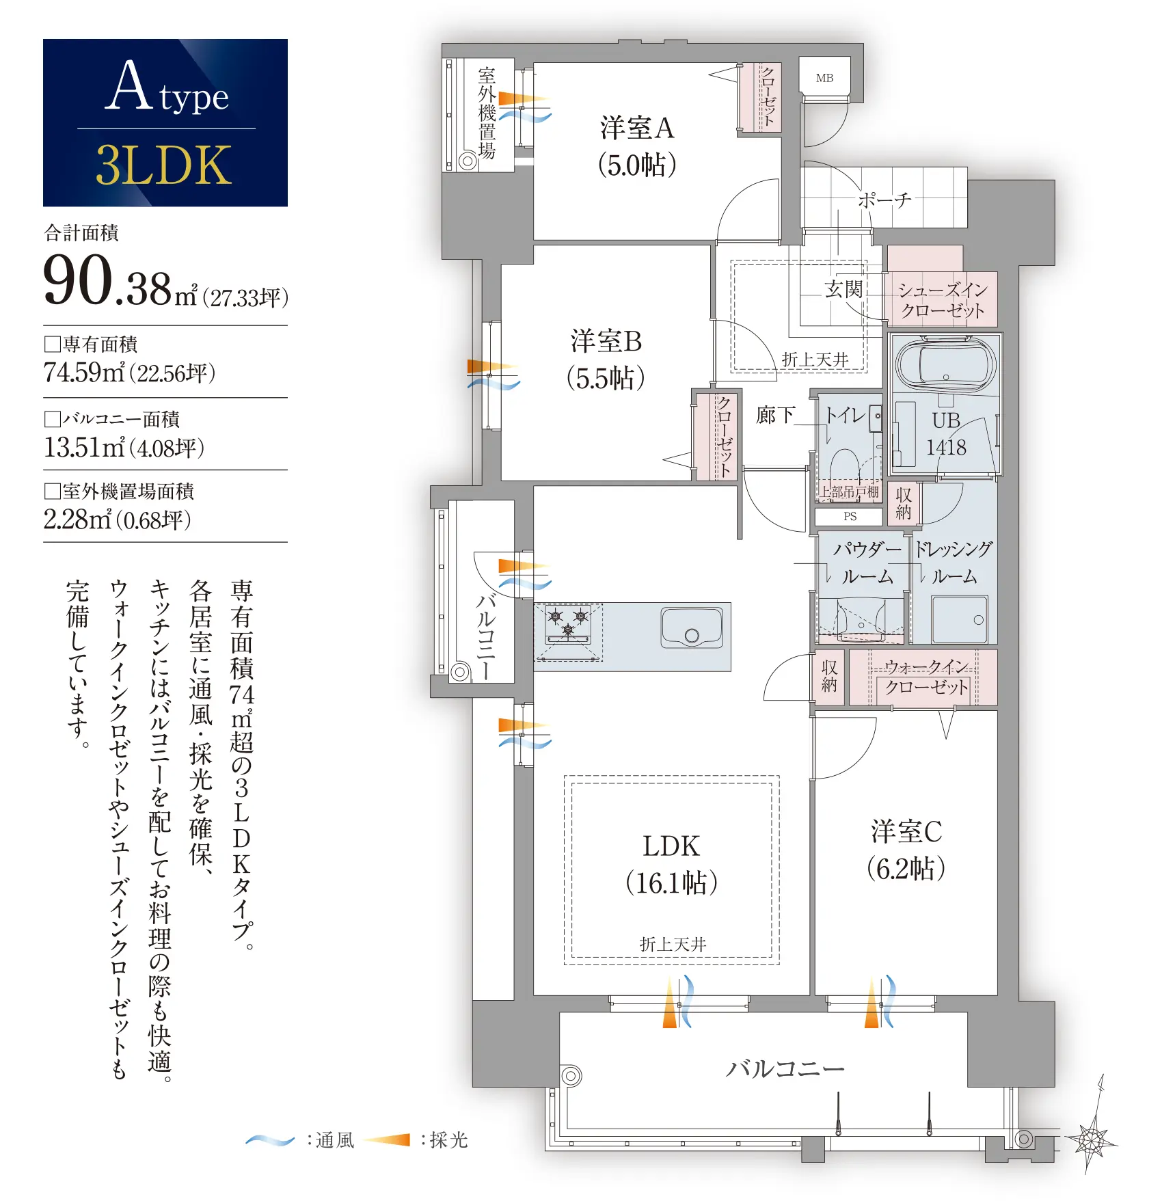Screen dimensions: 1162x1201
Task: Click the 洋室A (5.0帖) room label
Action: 637,146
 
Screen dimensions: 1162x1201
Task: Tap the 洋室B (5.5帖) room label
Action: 606,360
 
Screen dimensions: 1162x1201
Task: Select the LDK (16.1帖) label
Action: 671,865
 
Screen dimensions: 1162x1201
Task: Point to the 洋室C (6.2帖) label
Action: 906,850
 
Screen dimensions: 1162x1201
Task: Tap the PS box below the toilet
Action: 850,517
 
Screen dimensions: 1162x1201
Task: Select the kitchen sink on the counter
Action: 692,628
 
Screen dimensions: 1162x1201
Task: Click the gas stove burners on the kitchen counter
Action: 568,625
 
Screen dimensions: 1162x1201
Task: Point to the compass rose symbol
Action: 1093,1139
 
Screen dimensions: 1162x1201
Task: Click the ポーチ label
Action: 884,200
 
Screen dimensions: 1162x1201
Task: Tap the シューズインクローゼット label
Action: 943,300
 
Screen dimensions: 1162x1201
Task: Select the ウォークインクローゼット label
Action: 927,677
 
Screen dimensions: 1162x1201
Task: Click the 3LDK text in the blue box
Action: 164,165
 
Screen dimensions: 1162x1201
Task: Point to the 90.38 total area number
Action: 107,280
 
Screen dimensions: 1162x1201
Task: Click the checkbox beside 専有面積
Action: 52,344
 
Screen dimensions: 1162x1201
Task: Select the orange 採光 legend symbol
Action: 387,1139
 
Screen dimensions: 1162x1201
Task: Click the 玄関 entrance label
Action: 844,289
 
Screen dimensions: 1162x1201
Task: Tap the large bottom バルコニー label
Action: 785,1068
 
